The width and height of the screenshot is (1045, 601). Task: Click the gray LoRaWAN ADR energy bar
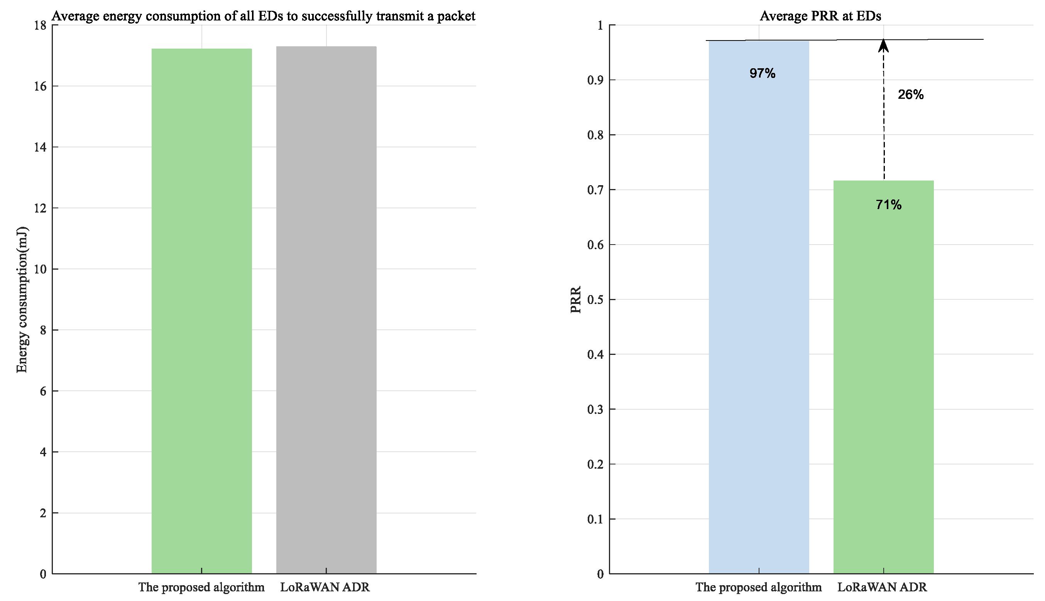click(326, 310)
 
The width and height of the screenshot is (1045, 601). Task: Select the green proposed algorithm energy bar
click(201, 310)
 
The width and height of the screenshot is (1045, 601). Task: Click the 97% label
click(762, 73)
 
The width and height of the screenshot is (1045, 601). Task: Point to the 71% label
click(888, 205)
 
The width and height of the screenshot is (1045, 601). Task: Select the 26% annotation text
click(910, 95)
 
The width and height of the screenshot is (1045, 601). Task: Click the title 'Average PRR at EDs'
click(820, 16)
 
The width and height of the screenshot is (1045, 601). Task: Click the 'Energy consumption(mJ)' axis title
click(22, 299)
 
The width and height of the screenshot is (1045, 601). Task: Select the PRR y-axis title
click(575, 299)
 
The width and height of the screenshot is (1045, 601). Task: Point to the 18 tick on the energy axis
click(40, 25)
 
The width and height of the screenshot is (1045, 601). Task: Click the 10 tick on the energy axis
click(40, 269)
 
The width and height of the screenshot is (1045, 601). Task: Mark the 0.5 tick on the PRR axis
click(595, 300)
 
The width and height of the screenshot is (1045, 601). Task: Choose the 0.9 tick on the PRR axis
click(595, 80)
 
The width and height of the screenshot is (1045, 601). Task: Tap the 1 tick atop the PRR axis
click(600, 25)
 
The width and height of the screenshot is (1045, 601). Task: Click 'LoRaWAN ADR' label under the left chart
click(325, 587)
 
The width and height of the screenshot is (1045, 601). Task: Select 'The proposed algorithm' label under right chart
click(758, 587)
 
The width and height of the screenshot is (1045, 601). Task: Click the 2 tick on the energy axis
click(42, 513)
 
